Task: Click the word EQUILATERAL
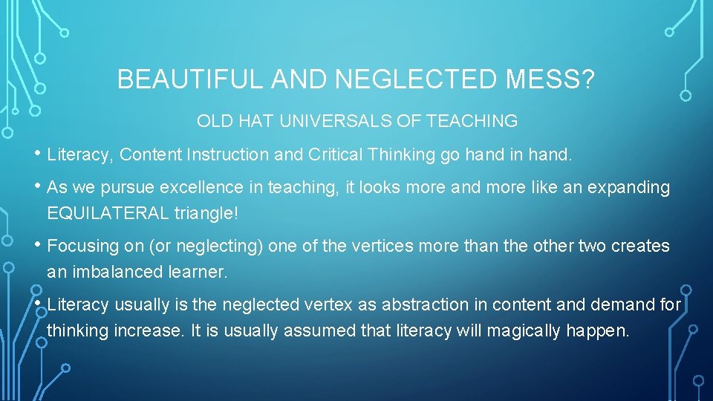[108, 214]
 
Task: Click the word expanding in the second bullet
[629, 188]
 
